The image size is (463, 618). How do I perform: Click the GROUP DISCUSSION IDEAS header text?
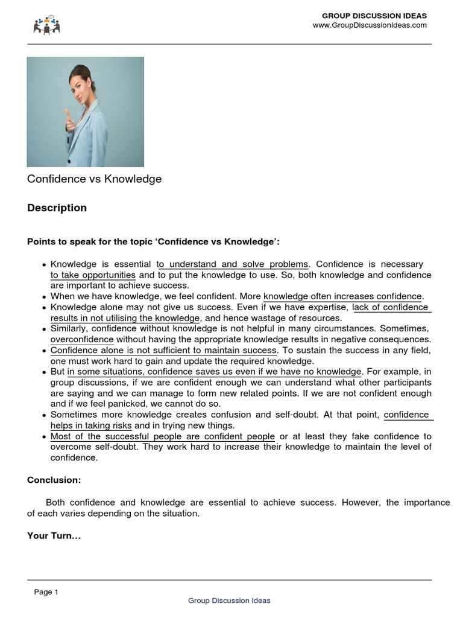pyautogui.click(x=374, y=16)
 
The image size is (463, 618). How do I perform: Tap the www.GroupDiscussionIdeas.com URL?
pyautogui.click(x=369, y=25)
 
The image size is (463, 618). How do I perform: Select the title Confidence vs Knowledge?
pyautogui.click(x=94, y=179)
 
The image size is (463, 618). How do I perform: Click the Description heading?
pyautogui.click(x=57, y=208)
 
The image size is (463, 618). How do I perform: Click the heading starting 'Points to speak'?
pyautogui.click(x=153, y=242)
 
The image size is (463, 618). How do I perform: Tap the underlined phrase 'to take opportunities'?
pyautogui.click(x=93, y=275)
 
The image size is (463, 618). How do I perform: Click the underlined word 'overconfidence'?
pyautogui.click(x=82, y=339)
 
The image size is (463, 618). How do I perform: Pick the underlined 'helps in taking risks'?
pyautogui.click(x=91, y=425)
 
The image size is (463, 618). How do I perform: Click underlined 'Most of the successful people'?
pyautogui.click(x=163, y=436)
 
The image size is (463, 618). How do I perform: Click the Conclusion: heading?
pyautogui.click(x=54, y=480)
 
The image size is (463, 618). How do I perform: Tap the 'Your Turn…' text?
pyautogui.click(x=54, y=535)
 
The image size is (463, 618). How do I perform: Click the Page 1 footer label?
pyautogui.click(x=46, y=592)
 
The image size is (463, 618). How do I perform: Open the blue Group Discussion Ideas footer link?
pyautogui.click(x=229, y=600)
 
